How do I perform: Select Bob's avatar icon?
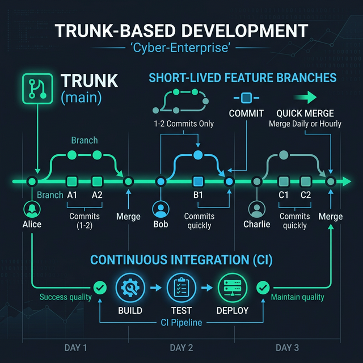pyautogui.click(x=161, y=210)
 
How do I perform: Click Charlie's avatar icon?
pyautogui.click(x=257, y=210)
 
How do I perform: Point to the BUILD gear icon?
pyautogui.click(x=129, y=288)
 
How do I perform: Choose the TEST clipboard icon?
pyautogui.click(x=181, y=288)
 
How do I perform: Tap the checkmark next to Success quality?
pyautogui.click(x=100, y=288)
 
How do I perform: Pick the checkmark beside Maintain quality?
pyautogui.click(x=262, y=288)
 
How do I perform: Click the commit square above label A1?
pyautogui.click(x=72, y=181)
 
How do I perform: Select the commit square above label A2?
pyautogui.click(x=97, y=181)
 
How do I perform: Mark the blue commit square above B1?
pyautogui.click(x=198, y=181)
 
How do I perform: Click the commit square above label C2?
pyautogui.click(x=306, y=181)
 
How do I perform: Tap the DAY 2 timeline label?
pyautogui.click(x=181, y=347)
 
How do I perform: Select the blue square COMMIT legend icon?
pyautogui.click(x=246, y=97)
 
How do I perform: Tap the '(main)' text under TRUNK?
pyautogui.click(x=81, y=98)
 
